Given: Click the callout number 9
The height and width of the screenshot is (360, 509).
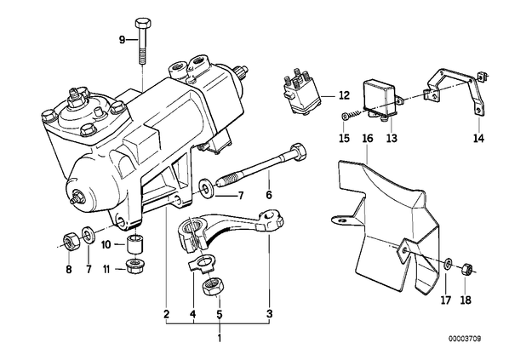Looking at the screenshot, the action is click(122, 40).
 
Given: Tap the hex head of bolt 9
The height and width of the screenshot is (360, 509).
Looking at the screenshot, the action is click(142, 24).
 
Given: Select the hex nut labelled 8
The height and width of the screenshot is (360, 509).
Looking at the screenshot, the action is click(69, 242).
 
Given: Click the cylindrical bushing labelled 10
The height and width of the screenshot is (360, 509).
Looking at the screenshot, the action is click(135, 243).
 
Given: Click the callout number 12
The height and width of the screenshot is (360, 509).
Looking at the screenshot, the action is click(344, 96).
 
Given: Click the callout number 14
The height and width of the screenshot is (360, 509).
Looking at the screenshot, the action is click(478, 138).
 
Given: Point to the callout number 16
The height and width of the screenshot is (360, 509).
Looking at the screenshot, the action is click(368, 138).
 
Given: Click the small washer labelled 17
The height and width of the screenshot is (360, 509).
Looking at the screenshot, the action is click(448, 264).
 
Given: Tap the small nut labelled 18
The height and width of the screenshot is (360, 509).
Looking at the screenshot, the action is click(466, 268).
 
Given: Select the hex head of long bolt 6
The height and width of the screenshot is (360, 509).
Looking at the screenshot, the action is click(297, 152).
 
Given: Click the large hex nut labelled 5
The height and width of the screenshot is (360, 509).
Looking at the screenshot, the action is click(211, 287).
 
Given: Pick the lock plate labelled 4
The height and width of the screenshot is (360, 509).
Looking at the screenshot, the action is click(200, 263).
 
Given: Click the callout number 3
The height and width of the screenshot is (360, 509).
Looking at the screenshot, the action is click(270, 314).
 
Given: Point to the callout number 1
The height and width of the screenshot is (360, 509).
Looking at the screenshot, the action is click(220, 338).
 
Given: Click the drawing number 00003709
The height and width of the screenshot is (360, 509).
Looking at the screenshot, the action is click(465, 339).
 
